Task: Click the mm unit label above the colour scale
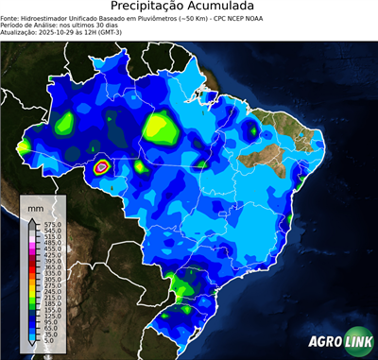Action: click(x=36, y=205)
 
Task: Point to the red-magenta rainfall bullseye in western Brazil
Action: click(x=102, y=168)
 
